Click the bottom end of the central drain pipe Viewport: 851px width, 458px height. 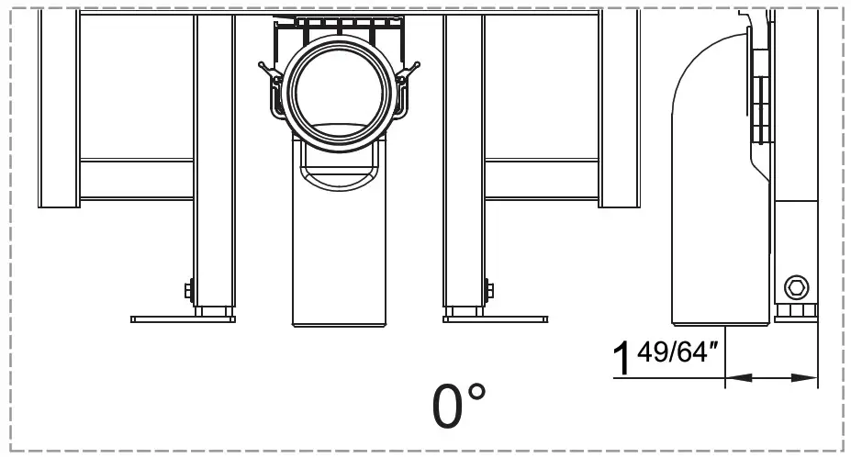(338, 321)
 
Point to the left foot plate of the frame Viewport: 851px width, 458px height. (183, 319)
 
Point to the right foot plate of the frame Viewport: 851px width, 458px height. (496, 319)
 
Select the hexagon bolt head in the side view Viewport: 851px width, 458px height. (795, 289)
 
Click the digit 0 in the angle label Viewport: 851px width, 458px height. (448, 407)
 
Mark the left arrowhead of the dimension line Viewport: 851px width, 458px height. (733, 376)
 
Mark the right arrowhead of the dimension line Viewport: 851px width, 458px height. (809, 376)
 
